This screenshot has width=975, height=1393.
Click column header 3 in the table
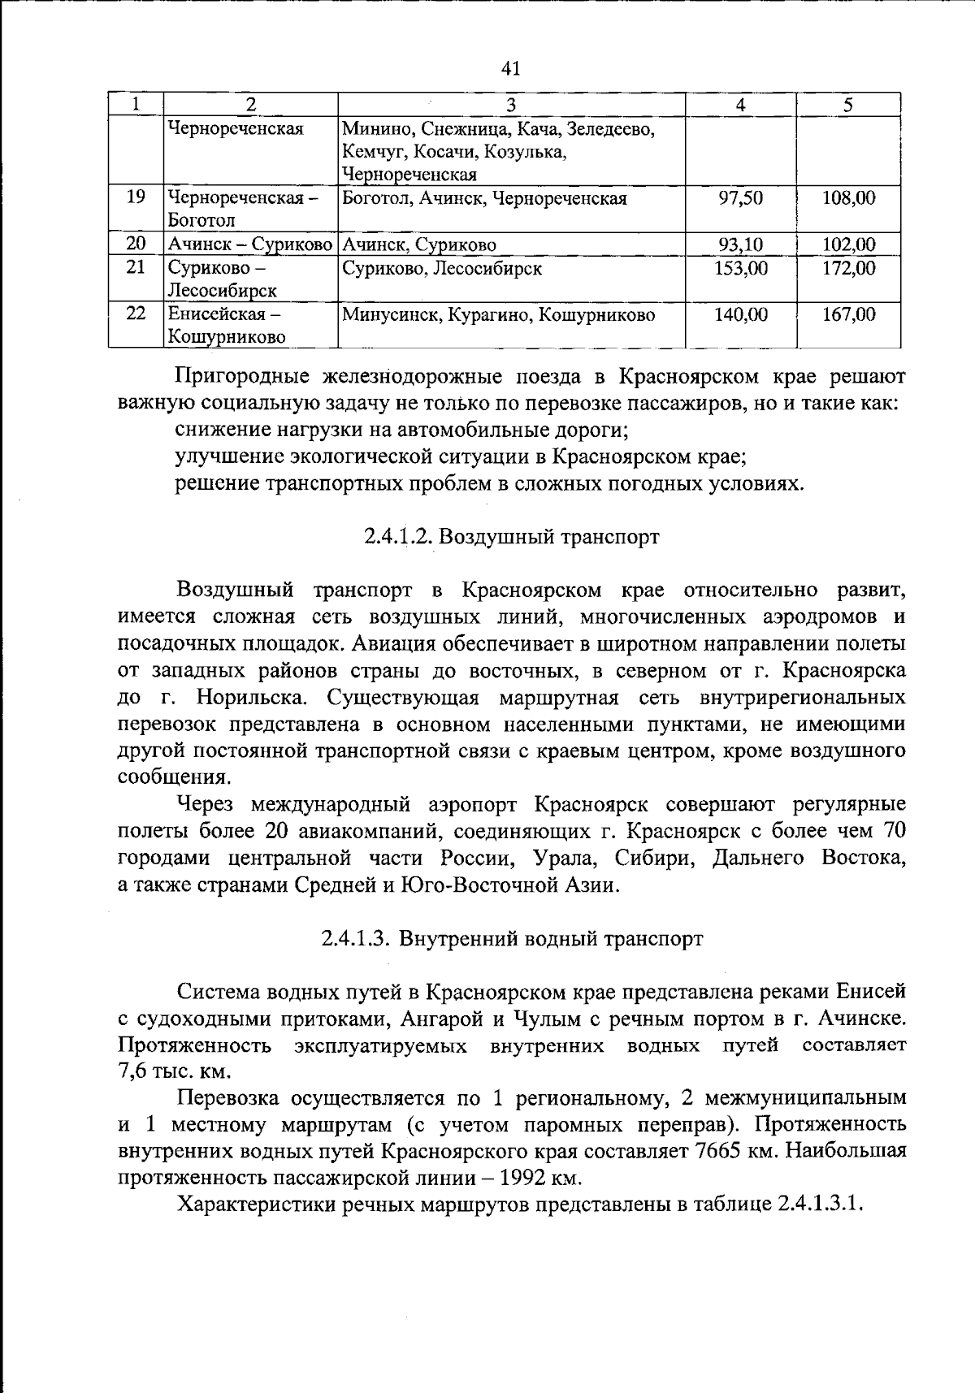[510, 104]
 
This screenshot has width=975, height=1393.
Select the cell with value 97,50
[740, 198]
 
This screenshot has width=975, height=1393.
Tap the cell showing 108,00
[848, 198]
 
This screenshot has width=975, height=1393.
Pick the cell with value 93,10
[740, 244]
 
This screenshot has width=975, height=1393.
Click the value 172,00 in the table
[848, 268]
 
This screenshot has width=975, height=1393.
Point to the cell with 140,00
[740, 314]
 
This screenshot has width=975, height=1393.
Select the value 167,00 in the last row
[848, 314]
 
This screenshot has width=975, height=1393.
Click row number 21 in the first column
[136, 268]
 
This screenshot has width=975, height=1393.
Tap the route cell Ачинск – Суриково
[250, 244]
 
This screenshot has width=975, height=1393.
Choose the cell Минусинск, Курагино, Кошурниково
[498, 314]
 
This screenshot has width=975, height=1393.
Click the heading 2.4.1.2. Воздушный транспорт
[511, 537]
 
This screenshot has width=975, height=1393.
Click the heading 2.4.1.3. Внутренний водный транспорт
[511, 939]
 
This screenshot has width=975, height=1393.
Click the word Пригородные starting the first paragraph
[236, 377]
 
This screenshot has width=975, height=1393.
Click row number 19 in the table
[136, 198]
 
